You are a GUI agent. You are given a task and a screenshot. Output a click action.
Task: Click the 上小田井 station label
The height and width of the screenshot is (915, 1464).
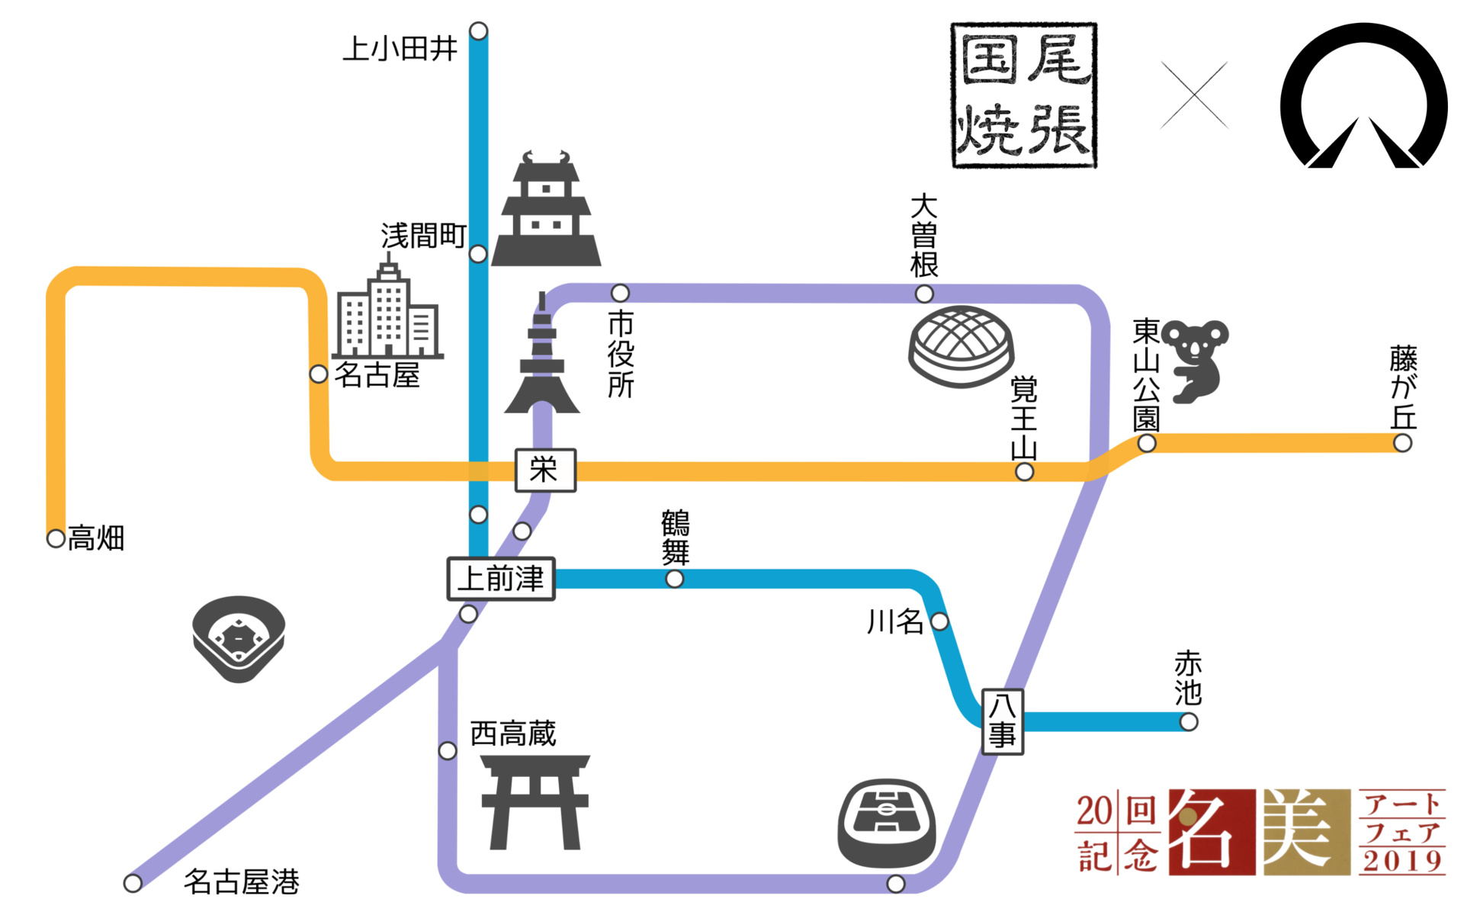pyautogui.click(x=400, y=49)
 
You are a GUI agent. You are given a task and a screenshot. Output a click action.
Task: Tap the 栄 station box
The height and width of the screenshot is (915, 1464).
pyautogui.click(x=544, y=470)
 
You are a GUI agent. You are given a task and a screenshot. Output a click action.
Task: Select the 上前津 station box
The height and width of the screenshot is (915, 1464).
pyautogui.click(x=500, y=579)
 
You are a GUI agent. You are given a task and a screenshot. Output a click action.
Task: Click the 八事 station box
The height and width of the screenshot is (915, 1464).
pyautogui.click(x=1002, y=721)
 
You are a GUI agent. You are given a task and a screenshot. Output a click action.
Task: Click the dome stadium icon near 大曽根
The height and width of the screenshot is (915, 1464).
pyautogui.click(x=961, y=346)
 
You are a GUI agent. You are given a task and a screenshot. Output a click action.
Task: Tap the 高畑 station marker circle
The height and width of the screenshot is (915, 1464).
pyautogui.click(x=56, y=538)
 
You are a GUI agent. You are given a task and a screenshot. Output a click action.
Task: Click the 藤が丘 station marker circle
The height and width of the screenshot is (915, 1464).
pyautogui.click(x=1402, y=443)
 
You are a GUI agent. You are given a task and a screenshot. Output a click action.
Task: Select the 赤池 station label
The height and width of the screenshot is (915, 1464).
pyautogui.click(x=1188, y=678)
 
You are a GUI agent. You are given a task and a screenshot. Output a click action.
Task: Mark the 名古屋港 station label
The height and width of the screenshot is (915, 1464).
pyautogui.click(x=241, y=881)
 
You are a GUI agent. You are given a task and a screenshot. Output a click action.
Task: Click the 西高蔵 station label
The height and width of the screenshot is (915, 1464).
pyautogui.click(x=513, y=734)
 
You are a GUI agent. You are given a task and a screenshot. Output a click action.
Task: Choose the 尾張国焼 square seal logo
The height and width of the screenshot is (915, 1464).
pyautogui.click(x=1023, y=95)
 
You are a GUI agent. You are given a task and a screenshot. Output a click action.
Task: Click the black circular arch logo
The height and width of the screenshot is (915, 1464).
pyautogui.click(x=1363, y=95)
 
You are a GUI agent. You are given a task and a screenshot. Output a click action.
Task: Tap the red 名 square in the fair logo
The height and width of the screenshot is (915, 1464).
pyautogui.click(x=1212, y=832)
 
